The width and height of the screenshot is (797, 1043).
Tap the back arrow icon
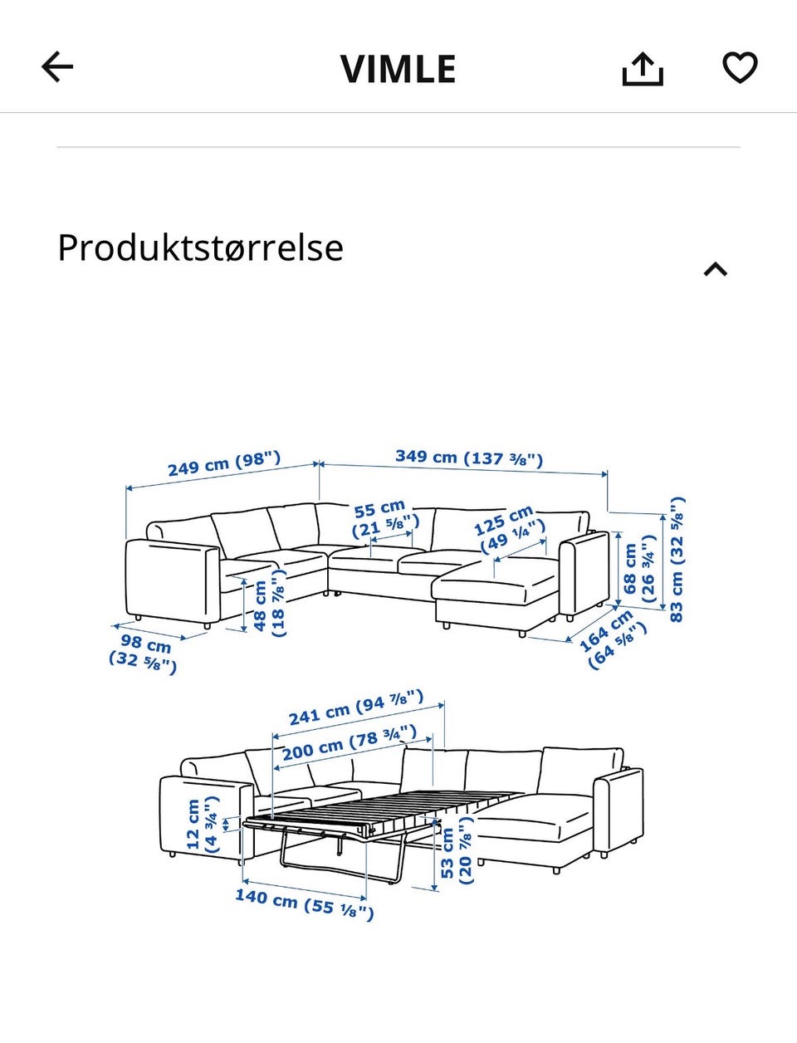57,67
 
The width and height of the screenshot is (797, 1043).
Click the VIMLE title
398,69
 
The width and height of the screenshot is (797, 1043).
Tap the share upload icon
643,69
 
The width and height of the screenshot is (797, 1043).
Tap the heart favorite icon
740,67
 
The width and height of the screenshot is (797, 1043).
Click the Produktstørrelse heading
200,248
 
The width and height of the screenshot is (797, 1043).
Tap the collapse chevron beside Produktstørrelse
715,269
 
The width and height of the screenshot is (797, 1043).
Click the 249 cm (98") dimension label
224,463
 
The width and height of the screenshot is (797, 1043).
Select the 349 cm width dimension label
469,458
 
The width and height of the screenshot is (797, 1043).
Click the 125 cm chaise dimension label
509,529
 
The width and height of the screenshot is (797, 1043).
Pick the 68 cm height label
639,569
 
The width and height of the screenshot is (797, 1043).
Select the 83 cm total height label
677,559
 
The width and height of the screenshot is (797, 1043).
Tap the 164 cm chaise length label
611,639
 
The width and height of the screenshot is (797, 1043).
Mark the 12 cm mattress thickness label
202,824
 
